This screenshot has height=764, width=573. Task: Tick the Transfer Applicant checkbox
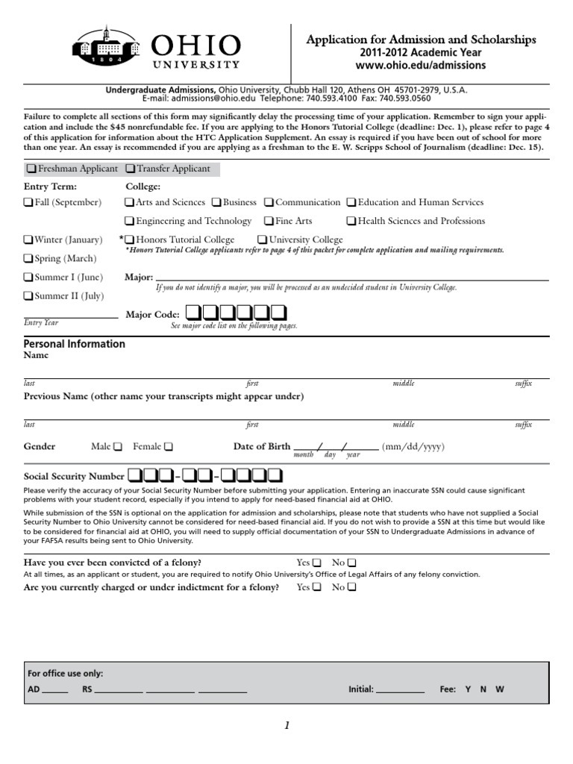point(130,169)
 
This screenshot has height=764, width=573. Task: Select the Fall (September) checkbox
point(28,202)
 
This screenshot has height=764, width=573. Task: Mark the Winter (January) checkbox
point(28,240)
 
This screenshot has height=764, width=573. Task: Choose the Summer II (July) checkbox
point(28,296)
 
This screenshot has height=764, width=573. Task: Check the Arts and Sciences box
point(130,202)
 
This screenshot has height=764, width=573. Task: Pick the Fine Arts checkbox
point(269,222)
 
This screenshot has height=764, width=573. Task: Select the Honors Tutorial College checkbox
point(130,240)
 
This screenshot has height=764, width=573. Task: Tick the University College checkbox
point(262,240)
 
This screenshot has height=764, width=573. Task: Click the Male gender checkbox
point(118,447)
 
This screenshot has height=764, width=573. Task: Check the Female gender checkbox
point(168,447)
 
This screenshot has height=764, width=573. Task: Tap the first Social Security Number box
point(135,475)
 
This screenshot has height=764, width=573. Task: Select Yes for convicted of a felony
point(317,562)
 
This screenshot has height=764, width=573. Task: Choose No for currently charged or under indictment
point(352,587)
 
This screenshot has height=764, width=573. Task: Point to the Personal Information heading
point(75,344)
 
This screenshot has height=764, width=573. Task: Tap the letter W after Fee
point(500,689)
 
